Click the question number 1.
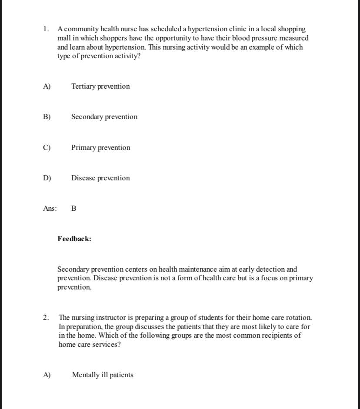[x=45, y=29]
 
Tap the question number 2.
[x=46, y=318]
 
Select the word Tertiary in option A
[x=83, y=86]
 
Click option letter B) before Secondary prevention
[x=47, y=117]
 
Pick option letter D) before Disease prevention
[x=47, y=178]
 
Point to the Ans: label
[x=50, y=209]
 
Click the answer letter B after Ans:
[x=73, y=209]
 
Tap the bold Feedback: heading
[x=74, y=239]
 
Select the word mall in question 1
[x=64, y=38]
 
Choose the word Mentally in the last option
[x=85, y=375]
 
